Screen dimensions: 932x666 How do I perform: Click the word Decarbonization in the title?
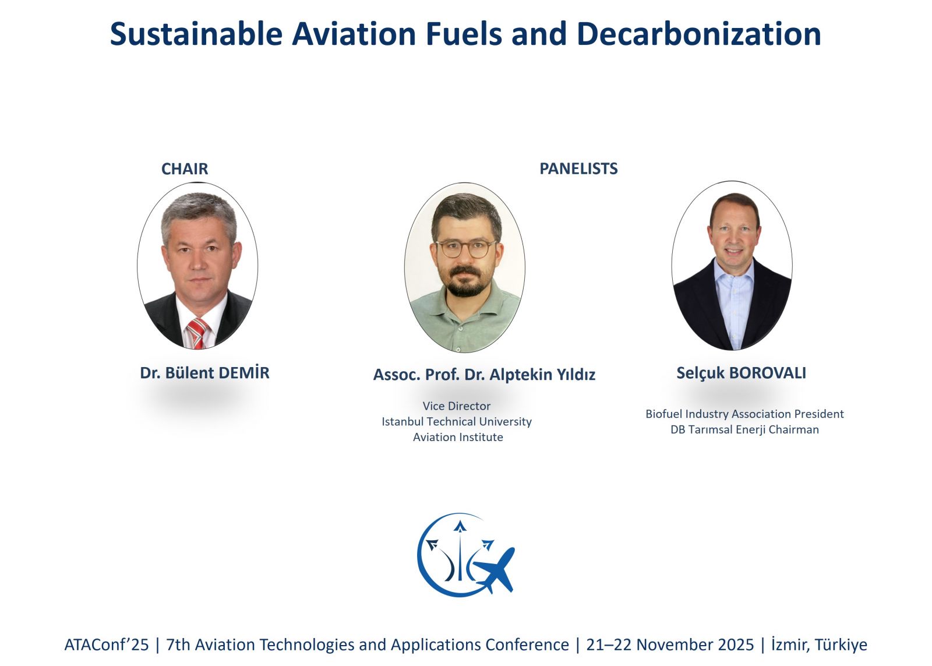699,34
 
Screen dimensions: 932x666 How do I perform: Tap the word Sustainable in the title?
196,34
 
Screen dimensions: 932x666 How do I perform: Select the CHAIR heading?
184,169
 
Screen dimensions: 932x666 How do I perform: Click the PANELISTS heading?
578,168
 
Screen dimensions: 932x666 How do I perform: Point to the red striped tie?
197,333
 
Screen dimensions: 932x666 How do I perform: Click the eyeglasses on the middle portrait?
465,249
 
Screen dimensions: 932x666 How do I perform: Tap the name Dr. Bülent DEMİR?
204,372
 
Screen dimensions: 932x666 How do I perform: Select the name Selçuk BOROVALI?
741,373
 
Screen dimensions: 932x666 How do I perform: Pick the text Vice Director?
457,406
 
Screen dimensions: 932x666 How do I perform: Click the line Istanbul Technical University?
457,422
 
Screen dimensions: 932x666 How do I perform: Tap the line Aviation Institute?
458,437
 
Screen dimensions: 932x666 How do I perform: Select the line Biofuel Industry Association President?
744,414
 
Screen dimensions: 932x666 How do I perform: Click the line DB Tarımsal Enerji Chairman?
744,429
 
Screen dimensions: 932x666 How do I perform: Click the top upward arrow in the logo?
460,527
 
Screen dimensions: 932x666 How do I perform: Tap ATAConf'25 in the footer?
107,645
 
